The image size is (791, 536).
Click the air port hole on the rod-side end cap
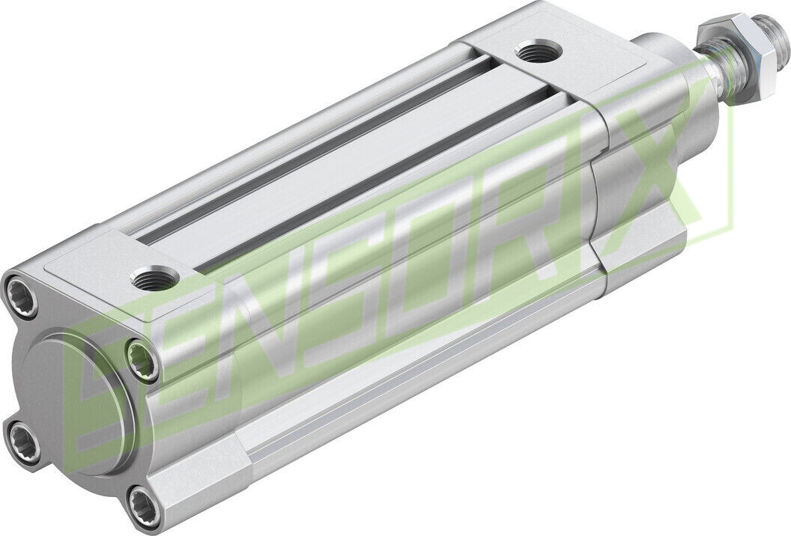point(536,54)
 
